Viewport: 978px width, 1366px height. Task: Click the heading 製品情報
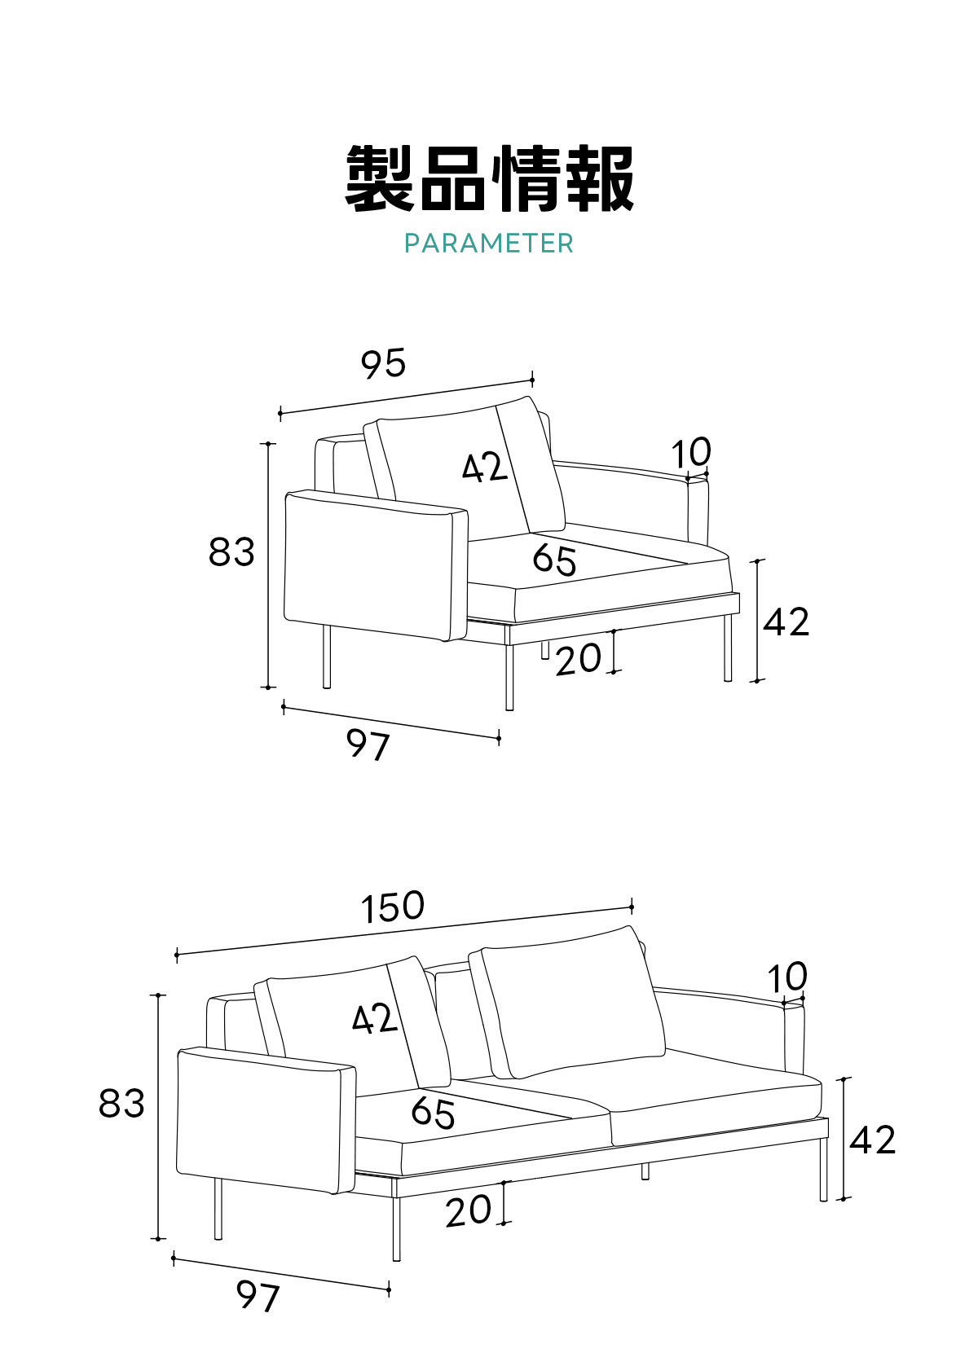click(x=489, y=179)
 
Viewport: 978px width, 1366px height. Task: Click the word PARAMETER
click(x=489, y=243)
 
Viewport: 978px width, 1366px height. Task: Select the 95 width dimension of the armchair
click(x=383, y=363)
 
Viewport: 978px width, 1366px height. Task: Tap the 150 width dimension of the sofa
click(x=393, y=907)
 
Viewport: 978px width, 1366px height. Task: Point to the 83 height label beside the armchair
click(x=231, y=552)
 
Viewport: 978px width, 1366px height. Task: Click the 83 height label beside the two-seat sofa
click(x=121, y=1104)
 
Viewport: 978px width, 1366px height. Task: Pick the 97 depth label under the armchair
click(x=368, y=744)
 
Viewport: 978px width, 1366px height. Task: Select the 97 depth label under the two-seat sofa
click(x=258, y=1296)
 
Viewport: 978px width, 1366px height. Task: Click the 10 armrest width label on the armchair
click(x=691, y=453)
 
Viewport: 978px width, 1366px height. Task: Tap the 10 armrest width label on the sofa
click(x=787, y=977)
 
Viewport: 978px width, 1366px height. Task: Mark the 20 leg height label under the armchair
click(x=579, y=659)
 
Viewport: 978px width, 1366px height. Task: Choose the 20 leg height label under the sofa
click(x=469, y=1211)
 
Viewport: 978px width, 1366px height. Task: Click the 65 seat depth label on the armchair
click(x=555, y=560)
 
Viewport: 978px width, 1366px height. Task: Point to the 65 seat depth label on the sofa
click(x=434, y=1113)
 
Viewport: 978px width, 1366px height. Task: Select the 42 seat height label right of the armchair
click(x=786, y=622)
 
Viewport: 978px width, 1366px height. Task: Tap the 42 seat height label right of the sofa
click(x=873, y=1140)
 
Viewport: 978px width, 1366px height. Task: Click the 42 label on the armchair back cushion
click(x=485, y=468)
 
